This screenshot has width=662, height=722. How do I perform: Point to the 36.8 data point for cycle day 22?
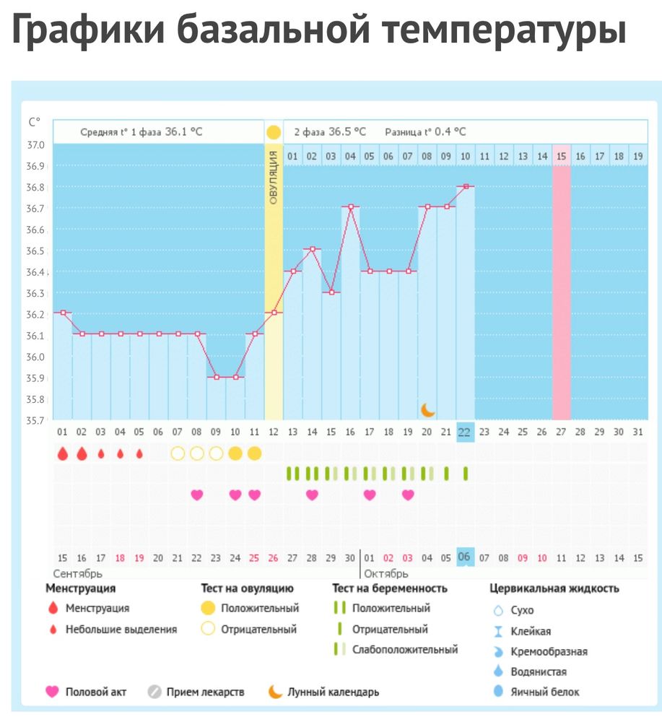[x=466, y=186]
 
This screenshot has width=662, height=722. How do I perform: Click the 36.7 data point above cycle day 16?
[x=351, y=207]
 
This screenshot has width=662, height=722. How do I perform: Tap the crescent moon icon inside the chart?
[x=428, y=409]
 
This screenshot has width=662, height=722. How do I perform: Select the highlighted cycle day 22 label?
[x=465, y=432]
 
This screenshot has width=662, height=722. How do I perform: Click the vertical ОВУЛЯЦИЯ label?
[x=274, y=178]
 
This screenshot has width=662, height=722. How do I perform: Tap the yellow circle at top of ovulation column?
[x=274, y=132]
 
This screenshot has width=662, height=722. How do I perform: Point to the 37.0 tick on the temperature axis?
[x=35, y=145]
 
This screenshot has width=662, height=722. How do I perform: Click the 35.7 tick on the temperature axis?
[x=35, y=420]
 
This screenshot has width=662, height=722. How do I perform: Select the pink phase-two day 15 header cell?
[x=562, y=155]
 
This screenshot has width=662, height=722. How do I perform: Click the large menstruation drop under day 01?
[x=63, y=454]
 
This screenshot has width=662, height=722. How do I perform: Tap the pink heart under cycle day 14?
[x=312, y=495]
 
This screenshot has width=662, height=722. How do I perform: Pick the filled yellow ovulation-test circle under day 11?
[x=254, y=453]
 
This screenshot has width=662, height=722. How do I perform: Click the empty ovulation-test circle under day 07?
[x=178, y=453]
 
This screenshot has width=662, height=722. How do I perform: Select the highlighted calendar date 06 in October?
[x=465, y=557]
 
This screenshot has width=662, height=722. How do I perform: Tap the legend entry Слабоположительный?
[x=404, y=649]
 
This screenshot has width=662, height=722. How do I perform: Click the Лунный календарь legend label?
[x=333, y=692]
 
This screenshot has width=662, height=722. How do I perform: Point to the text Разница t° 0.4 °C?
[x=425, y=132]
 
